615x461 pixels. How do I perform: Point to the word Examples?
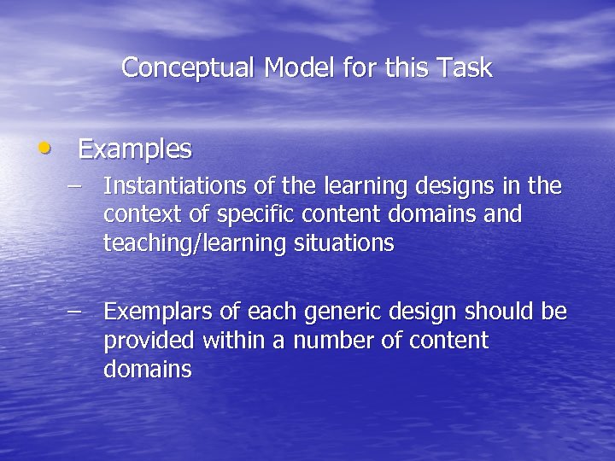pyautogui.click(x=135, y=150)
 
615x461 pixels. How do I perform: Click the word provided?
pyautogui.click(x=149, y=341)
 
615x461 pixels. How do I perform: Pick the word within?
pyautogui.click(x=237, y=341)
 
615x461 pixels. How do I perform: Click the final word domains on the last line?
pyautogui.click(x=147, y=371)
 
